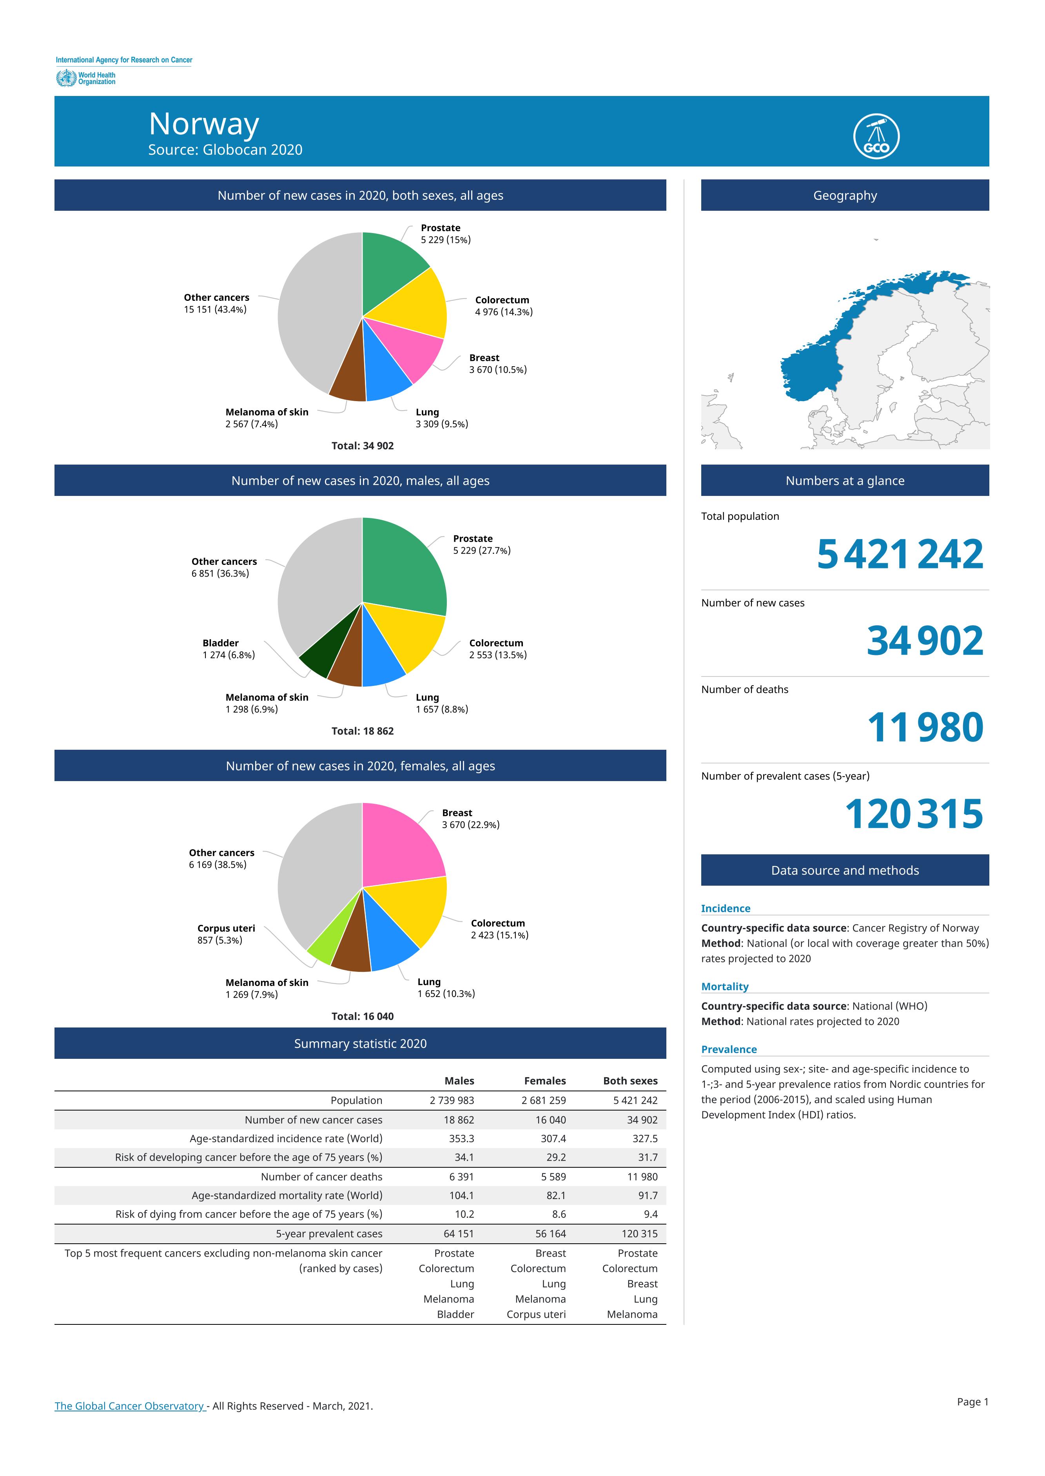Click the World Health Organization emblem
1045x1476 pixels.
coord(65,78)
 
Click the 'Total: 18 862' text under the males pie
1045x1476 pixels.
coord(362,731)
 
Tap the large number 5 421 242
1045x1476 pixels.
coord(900,554)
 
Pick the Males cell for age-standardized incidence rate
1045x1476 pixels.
coord(461,1138)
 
